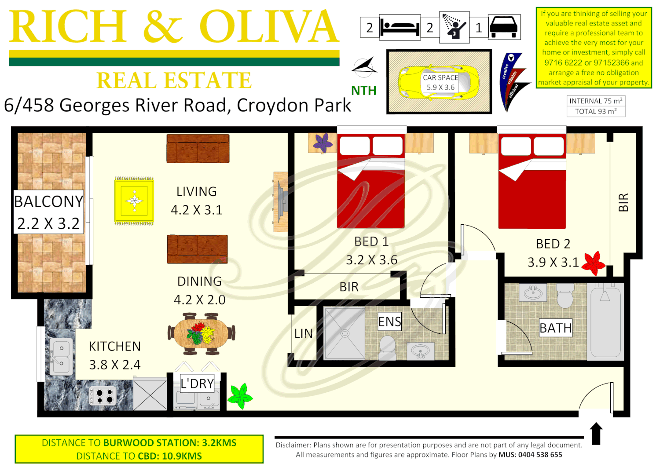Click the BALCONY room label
(48, 201)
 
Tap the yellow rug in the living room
(134, 201)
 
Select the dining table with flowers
(202, 333)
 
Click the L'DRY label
(197, 384)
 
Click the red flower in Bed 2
(594, 263)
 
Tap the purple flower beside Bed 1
(323, 143)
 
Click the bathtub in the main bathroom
(606, 321)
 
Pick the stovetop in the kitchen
(103, 396)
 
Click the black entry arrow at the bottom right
(596, 433)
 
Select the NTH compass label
(363, 91)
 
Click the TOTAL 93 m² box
(596, 112)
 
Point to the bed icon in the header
(399, 27)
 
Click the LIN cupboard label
(304, 334)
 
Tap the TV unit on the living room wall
(280, 202)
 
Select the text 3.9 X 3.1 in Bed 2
(553, 263)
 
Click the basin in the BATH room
(533, 292)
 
